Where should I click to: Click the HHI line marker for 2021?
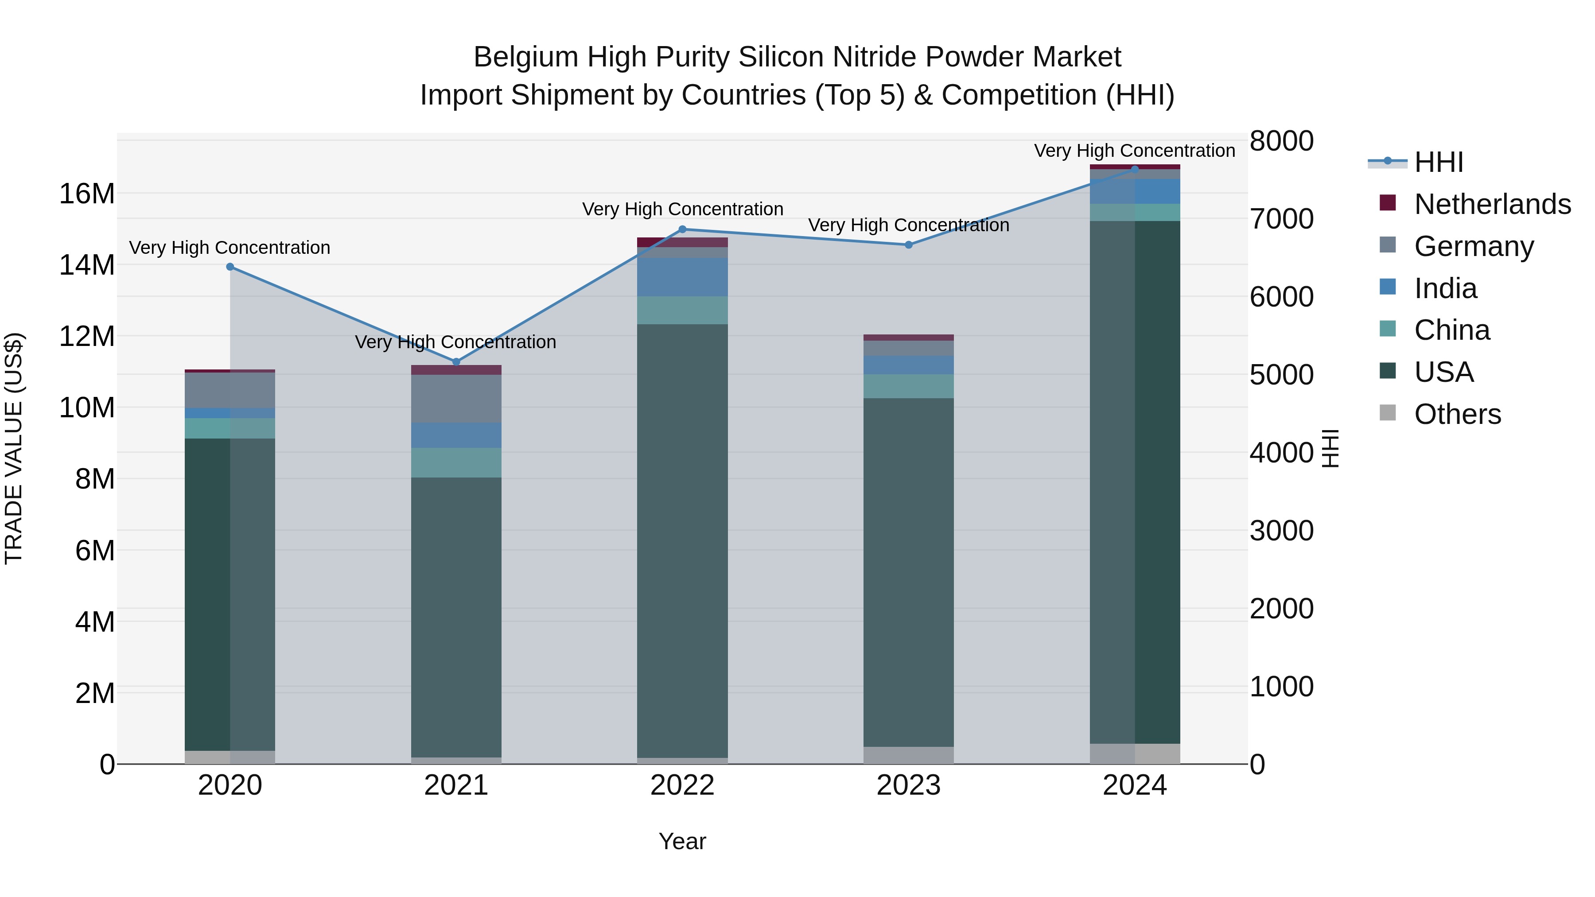[x=456, y=361]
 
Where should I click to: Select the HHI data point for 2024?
[x=1134, y=169]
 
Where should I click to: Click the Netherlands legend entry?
[x=1492, y=204]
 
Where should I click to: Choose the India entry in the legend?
[x=1445, y=288]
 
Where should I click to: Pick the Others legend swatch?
[x=1388, y=413]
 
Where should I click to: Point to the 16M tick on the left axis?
[x=87, y=194]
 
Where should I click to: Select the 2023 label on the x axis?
[x=908, y=785]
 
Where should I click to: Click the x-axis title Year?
[x=682, y=841]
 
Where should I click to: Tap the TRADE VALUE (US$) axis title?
[x=14, y=448]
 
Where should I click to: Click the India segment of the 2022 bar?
[x=682, y=277]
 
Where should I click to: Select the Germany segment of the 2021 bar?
[x=456, y=399]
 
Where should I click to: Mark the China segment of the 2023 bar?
[x=908, y=386]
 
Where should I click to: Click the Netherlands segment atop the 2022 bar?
[x=682, y=242]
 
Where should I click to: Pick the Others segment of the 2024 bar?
[x=1134, y=753]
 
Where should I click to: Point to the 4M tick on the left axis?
[x=94, y=621]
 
